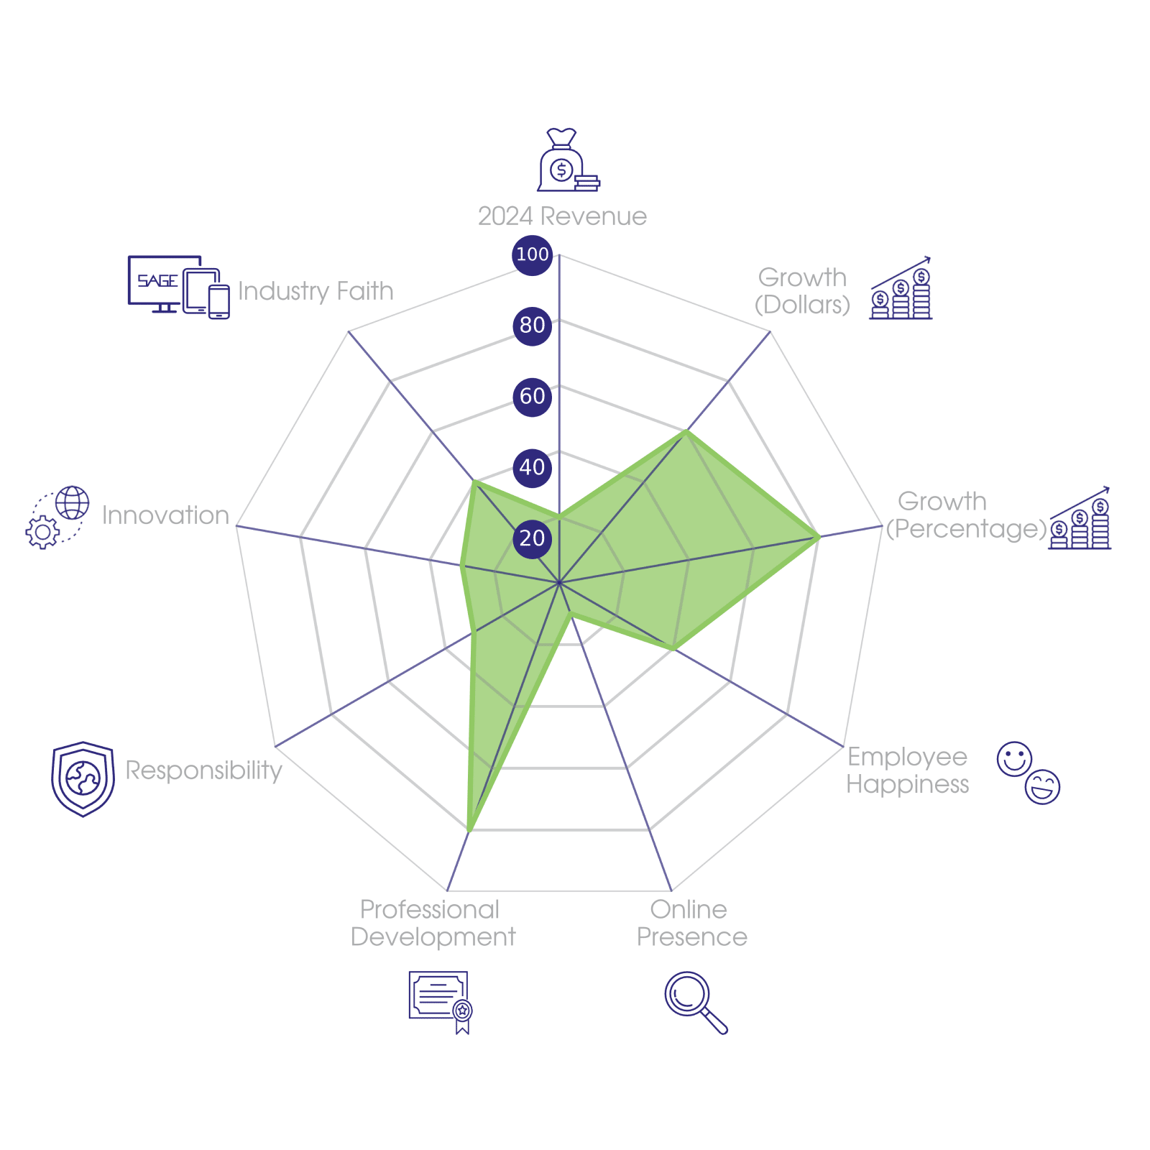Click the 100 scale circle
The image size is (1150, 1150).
[532, 254]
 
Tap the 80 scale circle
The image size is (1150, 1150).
[532, 326]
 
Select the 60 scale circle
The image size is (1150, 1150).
[532, 396]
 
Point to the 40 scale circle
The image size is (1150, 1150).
[532, 467]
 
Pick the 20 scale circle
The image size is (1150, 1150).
[532, 538]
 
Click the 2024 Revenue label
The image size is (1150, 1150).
[562, 216]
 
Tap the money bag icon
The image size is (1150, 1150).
[568, 160]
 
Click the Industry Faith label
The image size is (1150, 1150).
[316, 291]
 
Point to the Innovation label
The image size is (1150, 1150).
[165, 515]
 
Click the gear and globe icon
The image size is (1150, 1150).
[57, 517]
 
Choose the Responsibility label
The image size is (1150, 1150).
[203, 770]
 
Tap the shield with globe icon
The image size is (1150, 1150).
[83, 779]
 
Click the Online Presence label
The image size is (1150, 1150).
[691, 924]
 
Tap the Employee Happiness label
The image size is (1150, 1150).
[907, 770]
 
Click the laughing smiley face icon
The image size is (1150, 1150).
[1042, 786]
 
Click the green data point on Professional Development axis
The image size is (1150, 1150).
[469, 830]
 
